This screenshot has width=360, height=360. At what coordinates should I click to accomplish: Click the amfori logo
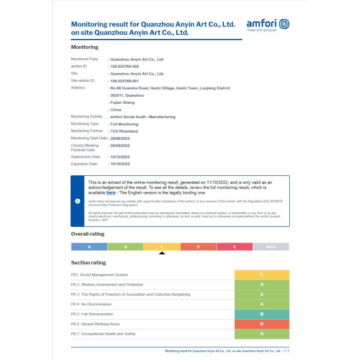click(x=268, y=25)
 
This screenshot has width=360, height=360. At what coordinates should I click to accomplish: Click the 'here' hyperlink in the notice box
click(x=111, y=193)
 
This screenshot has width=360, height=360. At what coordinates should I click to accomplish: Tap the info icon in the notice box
click(x=77, y=201)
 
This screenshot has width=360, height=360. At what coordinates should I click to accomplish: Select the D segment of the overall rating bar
click(x=198, y=247)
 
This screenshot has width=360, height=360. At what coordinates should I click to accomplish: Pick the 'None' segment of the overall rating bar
click(x=271, y=247)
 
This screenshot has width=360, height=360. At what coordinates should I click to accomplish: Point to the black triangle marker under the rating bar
click(x=161, y=253)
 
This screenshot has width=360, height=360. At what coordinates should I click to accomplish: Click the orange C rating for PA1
click(x=262, y=275)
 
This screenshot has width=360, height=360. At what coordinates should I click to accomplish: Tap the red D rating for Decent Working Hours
click(x=262, y=324)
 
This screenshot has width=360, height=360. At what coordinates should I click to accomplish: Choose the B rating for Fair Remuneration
click(x=262, y=314)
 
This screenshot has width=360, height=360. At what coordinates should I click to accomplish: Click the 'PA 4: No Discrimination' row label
click(x=97, y=304)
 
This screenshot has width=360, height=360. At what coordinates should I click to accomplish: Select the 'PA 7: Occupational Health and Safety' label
click(x=109, y=334)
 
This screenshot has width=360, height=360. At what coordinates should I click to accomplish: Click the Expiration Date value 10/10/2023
click(x=121, y=164)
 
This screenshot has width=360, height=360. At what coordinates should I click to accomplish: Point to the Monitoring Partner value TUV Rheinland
click(x=124, y=131)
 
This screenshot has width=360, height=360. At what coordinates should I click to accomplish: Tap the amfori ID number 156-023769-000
click(x=124, y=66)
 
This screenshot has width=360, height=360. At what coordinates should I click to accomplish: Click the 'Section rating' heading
click(x=88, y=263)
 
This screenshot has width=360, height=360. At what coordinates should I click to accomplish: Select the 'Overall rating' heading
click(x=88, y=234)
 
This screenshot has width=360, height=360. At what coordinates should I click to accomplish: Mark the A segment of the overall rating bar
click(x=89, y=247)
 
